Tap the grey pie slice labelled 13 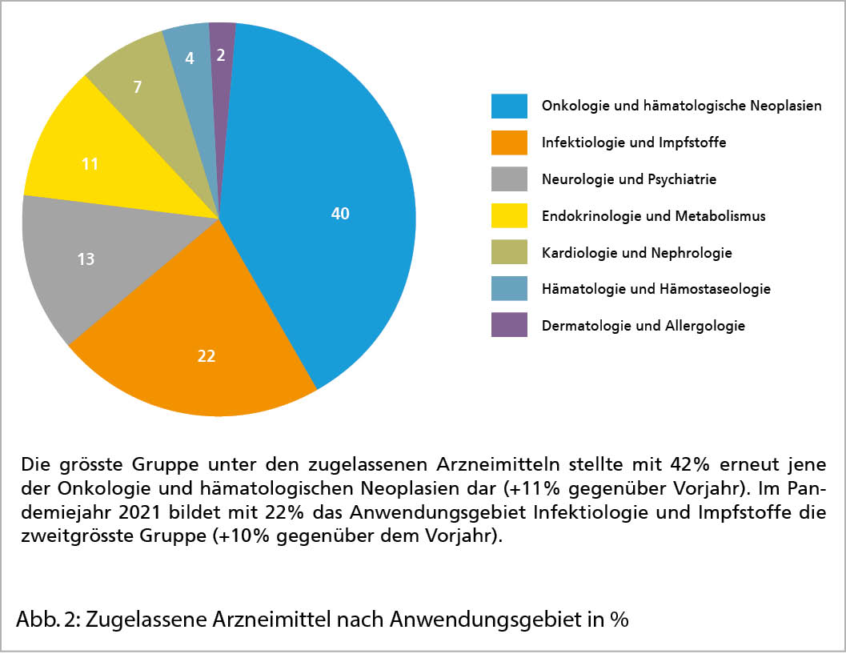[x=88, y=260]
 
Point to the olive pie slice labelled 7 [x=138, y=86]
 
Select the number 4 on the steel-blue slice [x=190, y=58]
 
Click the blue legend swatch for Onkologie [x=509, y=106]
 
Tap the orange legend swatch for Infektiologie [x=509, y=142]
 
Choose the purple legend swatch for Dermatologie [x=509, y=326]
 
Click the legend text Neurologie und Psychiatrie [x=628, y=179]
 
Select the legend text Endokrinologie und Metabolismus [x=653, y=216]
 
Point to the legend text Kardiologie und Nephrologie [x=636, y=253]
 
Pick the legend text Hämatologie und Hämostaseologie [x=656, y=289]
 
